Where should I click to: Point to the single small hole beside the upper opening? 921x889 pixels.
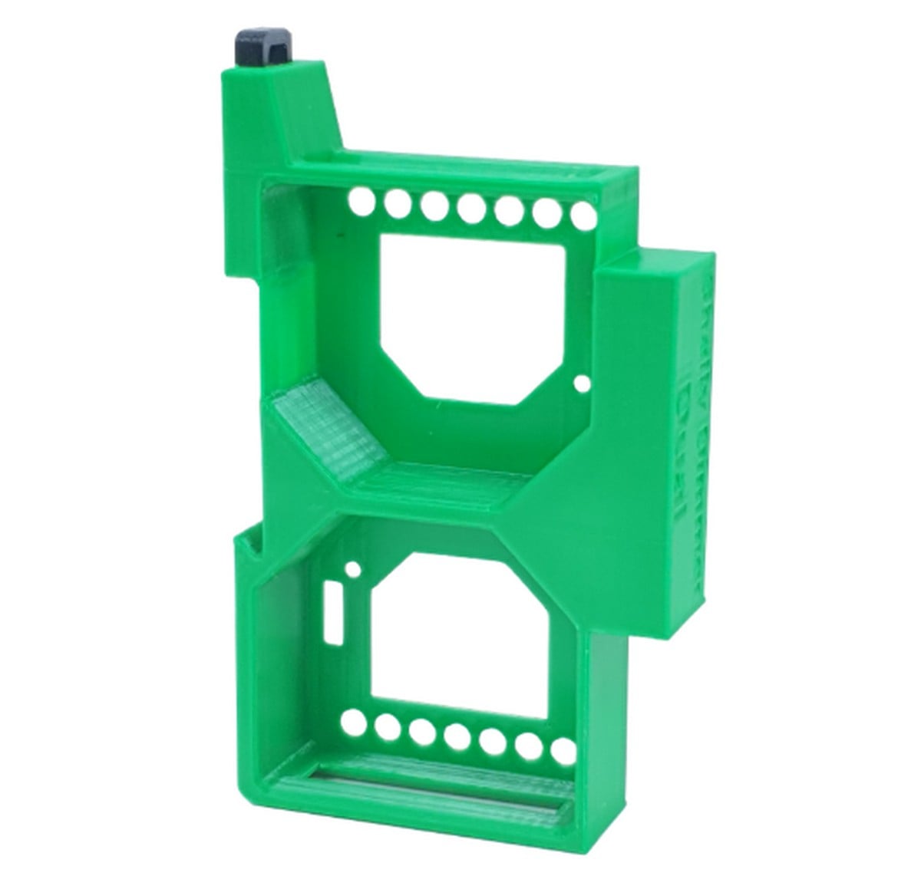coord(583,381)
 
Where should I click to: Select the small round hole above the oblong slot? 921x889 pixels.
coord(352,569)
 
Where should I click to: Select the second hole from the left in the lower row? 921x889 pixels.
coord(387,727)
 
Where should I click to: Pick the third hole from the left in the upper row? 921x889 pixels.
coord(434,206)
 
